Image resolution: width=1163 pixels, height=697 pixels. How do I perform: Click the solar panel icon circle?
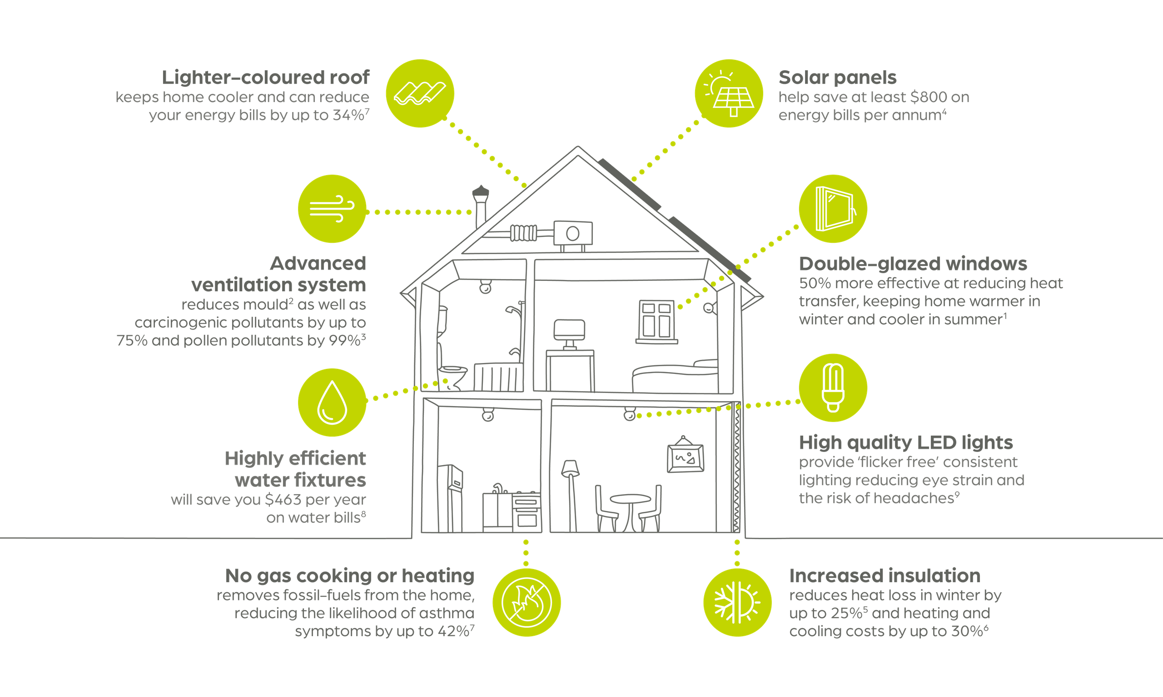click(x=729, y=93)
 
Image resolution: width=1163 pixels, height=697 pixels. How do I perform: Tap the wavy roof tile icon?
click(x=420, y=93)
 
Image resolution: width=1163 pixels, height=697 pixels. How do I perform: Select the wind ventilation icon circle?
click(x=332, y=209)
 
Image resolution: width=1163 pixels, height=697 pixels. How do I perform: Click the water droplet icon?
click(x=332, y=402)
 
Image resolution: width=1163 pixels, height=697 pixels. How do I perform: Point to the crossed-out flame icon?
click(x=527, y=602)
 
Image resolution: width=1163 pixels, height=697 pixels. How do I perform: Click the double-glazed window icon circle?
click(x=833, y=209)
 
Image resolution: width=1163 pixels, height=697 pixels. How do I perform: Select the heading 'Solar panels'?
click(x=837, y=78)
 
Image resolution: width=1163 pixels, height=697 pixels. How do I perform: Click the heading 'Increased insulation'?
click(x=884, y=575)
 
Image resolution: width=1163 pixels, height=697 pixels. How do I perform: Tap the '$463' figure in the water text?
click(x=283, y=500)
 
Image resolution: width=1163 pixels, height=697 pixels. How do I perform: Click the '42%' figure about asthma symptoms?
click(x=453, y=631)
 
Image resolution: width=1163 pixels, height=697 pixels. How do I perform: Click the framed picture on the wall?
click(x=686, y=457)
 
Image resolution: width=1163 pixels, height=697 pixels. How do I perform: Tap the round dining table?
click(x=630, y=510)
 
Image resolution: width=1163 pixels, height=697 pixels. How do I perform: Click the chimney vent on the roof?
click(x=480, y=206)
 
